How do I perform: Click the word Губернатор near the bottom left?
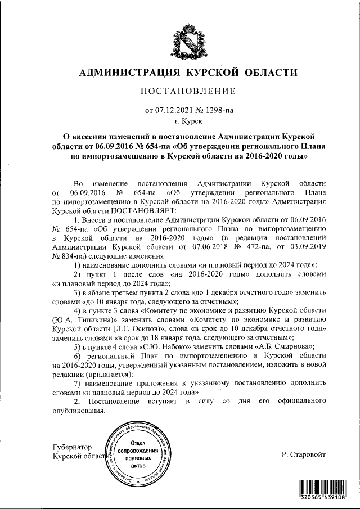(71, 447)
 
